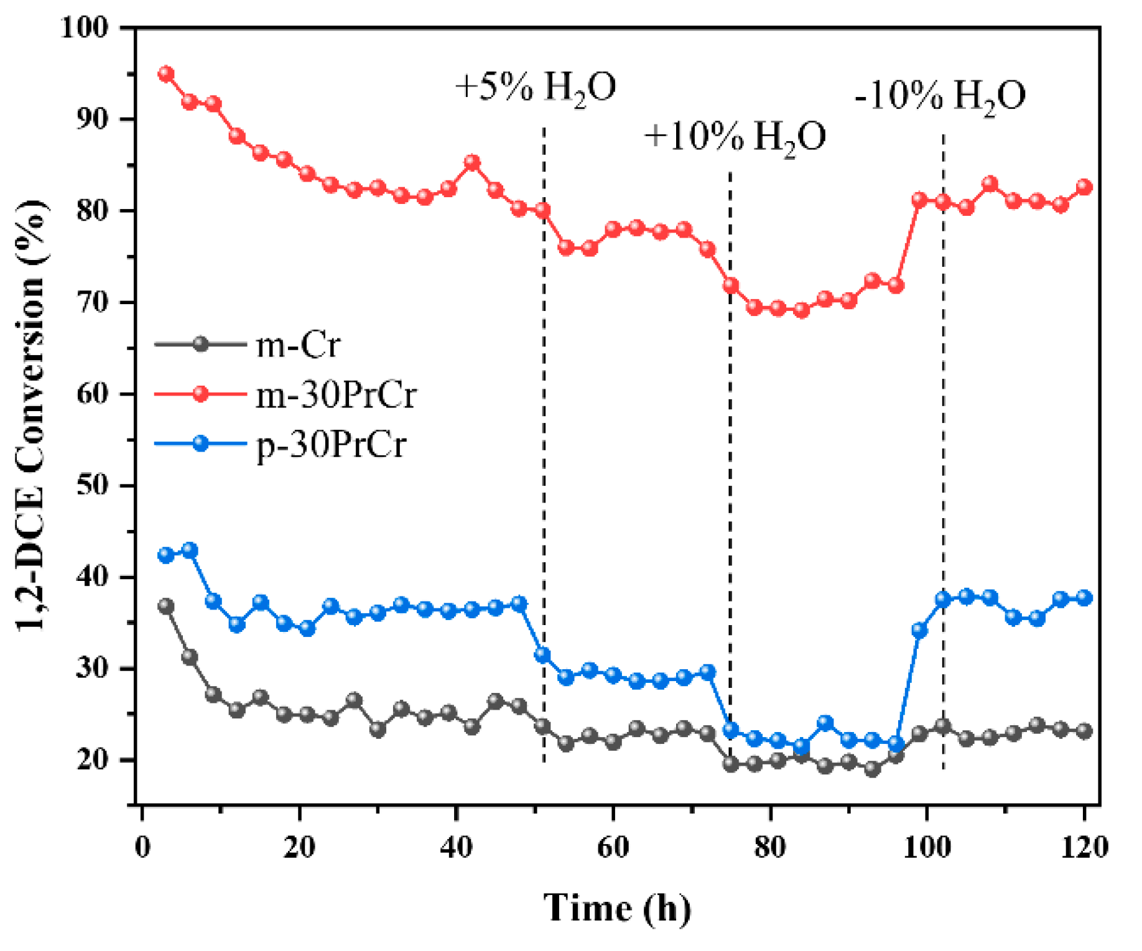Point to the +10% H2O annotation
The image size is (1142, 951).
(735, 136)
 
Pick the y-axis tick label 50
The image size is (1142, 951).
(92, 485)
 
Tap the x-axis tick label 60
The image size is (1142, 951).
(613, 847)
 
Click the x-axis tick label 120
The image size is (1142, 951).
(1084, 847)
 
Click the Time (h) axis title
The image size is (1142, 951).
(617, 908)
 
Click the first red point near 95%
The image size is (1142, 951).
(166, 74)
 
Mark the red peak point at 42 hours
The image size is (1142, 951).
(472, 163)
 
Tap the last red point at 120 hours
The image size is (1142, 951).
(1084, 187)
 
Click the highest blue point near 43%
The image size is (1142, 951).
(190, 550)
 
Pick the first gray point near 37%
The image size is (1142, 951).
(166, 606)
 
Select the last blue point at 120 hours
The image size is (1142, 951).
(1084, 598)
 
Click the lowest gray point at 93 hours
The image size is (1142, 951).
(872, 769)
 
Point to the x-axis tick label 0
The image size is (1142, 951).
(142, 847)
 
